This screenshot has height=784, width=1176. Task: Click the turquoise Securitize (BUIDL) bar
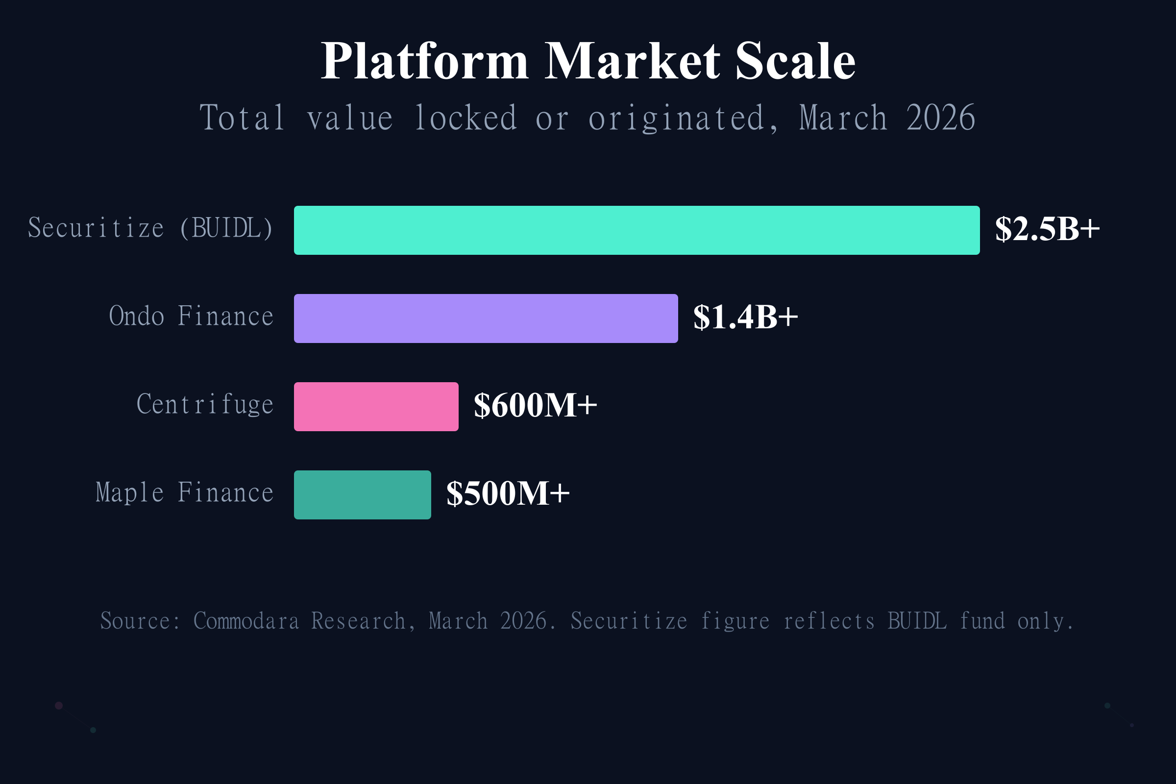[x=637, y=230]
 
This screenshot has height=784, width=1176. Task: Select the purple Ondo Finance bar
[x=486, y=318]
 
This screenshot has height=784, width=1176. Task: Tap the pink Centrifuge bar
[x=376, y=407]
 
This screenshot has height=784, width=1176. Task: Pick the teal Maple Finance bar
[x=362, y=494]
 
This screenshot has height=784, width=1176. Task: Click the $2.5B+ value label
[x=1047, y=229]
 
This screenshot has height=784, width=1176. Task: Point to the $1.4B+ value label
[x=745, y=318]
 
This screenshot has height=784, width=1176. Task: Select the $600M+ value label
[x=535, y=406]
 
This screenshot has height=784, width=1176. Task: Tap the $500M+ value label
[x=508, y=494]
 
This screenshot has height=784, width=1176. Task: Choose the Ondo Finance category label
[x=191, y=317]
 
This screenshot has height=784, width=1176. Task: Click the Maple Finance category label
[x=185, y=493]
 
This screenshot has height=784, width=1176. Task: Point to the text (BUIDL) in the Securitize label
[x=226, y=228]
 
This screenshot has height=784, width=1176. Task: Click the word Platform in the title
[x=424, y=61]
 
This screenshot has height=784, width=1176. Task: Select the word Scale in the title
[x=795, y=61]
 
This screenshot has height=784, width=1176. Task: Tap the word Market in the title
[x=632, y=61]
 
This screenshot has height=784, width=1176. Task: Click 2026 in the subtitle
[x=940, y=119]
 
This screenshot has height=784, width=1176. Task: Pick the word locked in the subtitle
[x=465, y=119]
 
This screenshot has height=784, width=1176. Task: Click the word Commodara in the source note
[x=246, y=621]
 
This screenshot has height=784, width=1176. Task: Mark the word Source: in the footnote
[x=140, y=621]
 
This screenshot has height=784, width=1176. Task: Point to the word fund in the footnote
[x=982, y=621]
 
